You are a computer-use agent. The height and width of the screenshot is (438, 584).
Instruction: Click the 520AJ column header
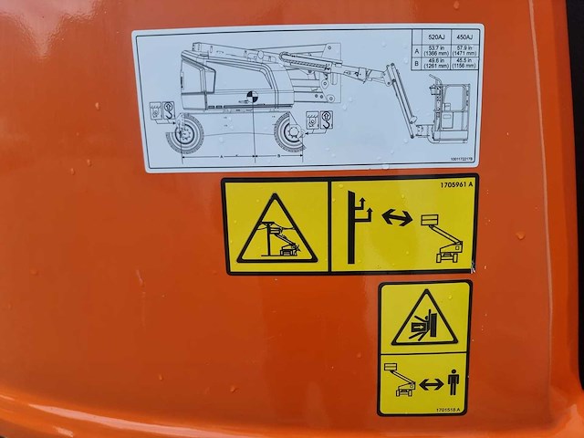[x=436, y=37]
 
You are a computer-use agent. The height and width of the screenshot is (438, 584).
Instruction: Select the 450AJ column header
[x=464, y=37]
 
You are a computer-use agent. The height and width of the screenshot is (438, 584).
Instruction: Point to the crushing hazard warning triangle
[x=424, y=318]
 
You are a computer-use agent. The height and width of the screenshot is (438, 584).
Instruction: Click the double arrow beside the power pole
[x=394, y=218]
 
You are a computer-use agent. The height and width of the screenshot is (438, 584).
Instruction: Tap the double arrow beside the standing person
[x=430, y=384]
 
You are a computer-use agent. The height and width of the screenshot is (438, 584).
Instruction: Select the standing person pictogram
[x=452, y=381]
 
